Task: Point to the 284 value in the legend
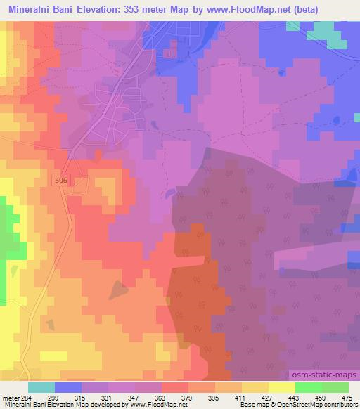tap(29, 396)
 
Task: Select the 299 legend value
tap(56, 396)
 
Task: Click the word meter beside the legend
tap(11, 396)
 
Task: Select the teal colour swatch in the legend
tap(41, 387)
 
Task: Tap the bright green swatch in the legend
tap(309, 387)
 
